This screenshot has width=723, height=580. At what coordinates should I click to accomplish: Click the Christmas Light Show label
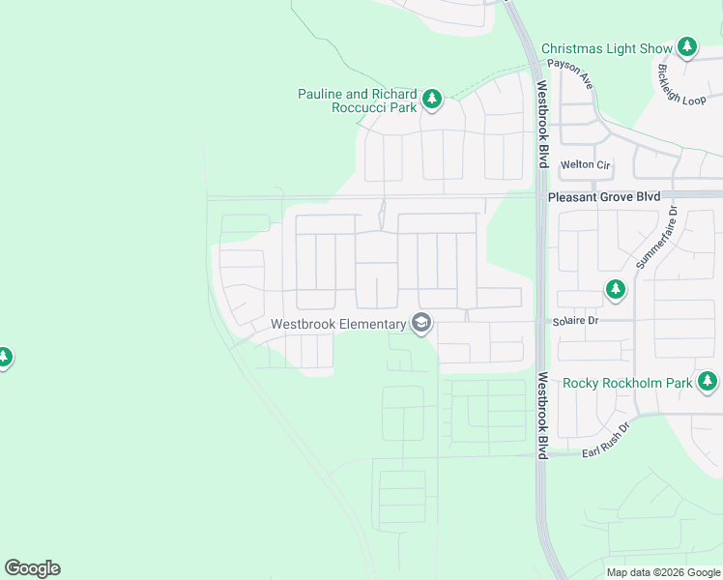[606, 48]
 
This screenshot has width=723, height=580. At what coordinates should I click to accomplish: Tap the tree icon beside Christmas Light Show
[686, 46]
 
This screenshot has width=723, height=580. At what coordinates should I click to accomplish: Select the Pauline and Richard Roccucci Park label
[357, 101]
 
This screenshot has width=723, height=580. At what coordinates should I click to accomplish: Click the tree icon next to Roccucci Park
[431, 98]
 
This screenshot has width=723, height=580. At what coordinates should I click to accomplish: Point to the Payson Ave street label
[569, 74]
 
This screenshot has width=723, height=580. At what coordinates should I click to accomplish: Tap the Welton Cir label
[586, 165]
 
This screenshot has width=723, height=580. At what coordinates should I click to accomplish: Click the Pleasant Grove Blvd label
[604, 196]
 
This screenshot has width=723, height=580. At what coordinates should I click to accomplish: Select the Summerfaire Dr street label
[658, 238]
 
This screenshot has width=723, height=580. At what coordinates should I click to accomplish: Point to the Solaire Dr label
[576, 320]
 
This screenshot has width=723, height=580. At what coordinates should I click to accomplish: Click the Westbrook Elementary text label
[337, 324]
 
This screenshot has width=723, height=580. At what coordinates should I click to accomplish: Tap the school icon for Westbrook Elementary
[420, 323]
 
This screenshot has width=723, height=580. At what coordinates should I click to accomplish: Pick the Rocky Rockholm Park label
[627, 383]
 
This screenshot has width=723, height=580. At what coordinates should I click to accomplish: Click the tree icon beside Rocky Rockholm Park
[709, 382]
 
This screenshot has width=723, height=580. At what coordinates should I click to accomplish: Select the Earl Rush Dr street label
[605, 441]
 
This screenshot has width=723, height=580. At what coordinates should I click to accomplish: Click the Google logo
[32, 568]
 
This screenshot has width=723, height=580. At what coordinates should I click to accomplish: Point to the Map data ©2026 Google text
[662, 572]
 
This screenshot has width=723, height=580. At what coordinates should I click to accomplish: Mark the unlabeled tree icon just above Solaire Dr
[615, 289]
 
